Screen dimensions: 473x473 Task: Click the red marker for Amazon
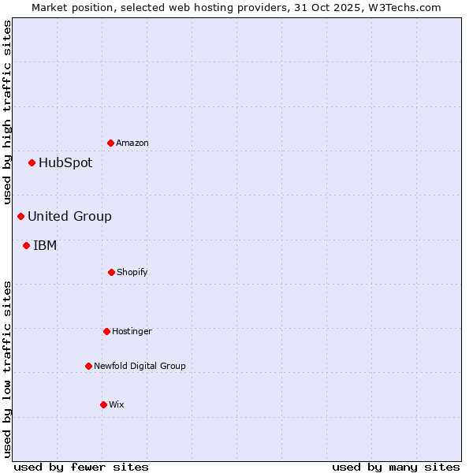[x=111, y=143]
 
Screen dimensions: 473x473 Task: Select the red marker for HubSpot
[x=32, y=163]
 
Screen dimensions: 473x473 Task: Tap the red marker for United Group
[x=21, y=216]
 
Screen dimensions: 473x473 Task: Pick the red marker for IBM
[x=27, y=245]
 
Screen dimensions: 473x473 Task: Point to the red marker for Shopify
[x=111, y=272]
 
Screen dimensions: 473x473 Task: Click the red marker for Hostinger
[x=106, y=331]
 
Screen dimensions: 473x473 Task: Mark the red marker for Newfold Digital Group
[x=88, y=366]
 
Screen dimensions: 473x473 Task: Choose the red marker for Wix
[x=103, y=404]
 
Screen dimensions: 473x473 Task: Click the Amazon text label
[x=132, y=143]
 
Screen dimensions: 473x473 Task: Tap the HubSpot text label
[x=65, y=163]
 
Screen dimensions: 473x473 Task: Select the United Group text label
[x=69, y=216]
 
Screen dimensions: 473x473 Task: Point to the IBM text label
[x=45, y=245]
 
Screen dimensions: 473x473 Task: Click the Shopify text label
[x=132, y=272]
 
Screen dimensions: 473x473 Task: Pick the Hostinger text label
[x=132, y=331]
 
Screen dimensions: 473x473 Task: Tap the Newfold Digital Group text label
[x=140, y=366]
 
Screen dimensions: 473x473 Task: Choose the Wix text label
[x=117, y=404]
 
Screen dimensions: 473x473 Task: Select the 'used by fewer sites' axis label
[x=81, y=467]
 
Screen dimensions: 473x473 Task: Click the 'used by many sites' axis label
[x=396, y=467]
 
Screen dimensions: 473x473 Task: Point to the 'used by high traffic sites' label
[x=7, y=113]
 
